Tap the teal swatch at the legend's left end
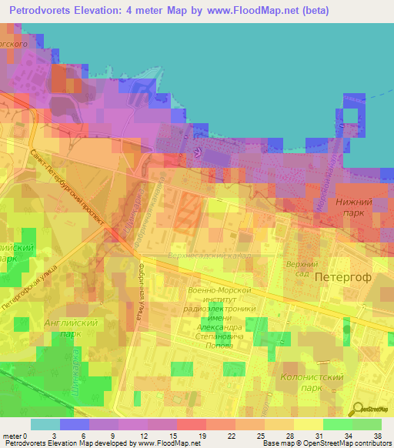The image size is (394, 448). (x=45, y=424)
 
